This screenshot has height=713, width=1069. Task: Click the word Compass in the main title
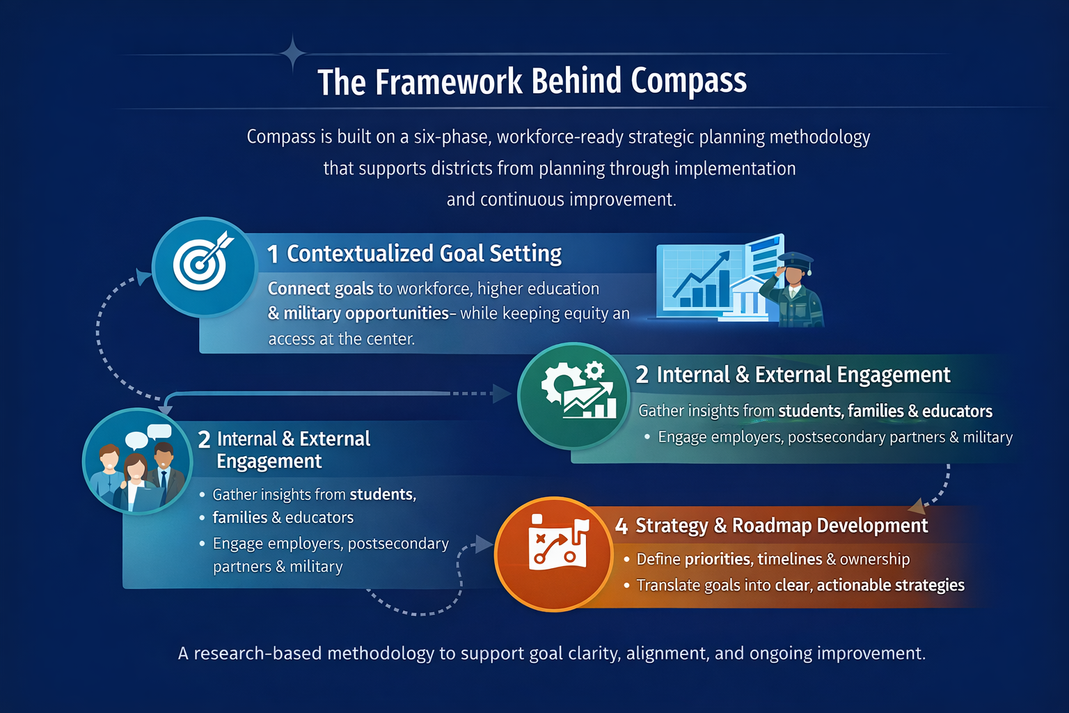tap(688, 81)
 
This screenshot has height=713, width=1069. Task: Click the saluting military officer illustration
tap(793, 289)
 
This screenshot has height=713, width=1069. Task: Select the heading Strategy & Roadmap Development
tap(782, 526)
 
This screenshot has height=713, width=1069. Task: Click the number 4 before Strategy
tap(621, 526)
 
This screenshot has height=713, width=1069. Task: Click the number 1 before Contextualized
tap(274, 255)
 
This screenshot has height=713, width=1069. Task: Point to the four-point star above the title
tap(293, 53)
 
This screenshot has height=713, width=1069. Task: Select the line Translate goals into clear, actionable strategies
tap(800, 586)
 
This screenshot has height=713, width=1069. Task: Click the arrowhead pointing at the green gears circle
tap(502, 393)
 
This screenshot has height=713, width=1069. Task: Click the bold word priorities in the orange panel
tap(718, 559)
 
